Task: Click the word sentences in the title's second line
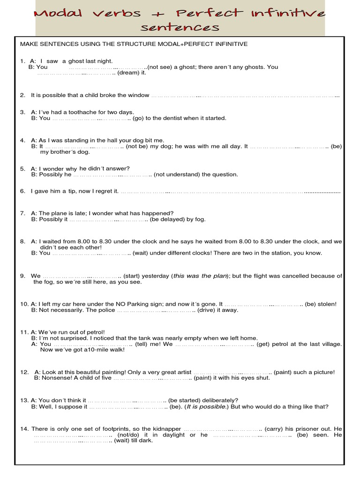[x=180, y=28]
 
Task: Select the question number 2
[x=22, y=95]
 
